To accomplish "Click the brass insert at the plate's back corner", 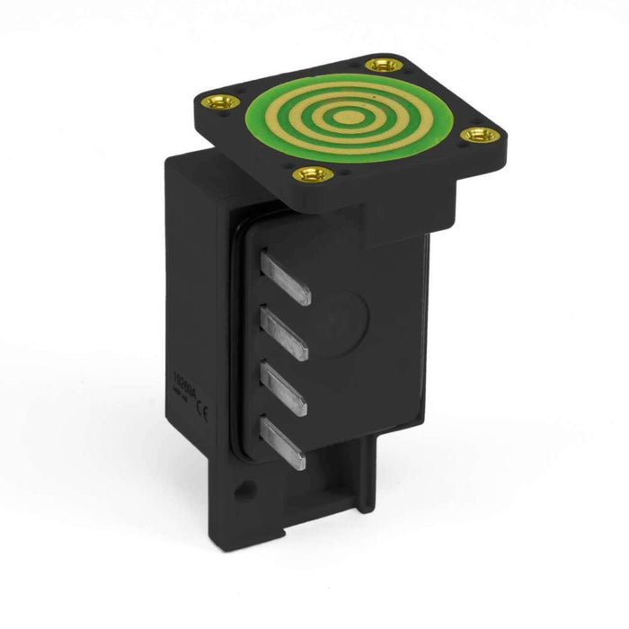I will pyautogui.click(x=385, y=65).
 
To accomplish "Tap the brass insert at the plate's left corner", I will pyautogui.click(x=219, y=102).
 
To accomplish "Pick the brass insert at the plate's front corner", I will pyautogui.click(x=313, y=173).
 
